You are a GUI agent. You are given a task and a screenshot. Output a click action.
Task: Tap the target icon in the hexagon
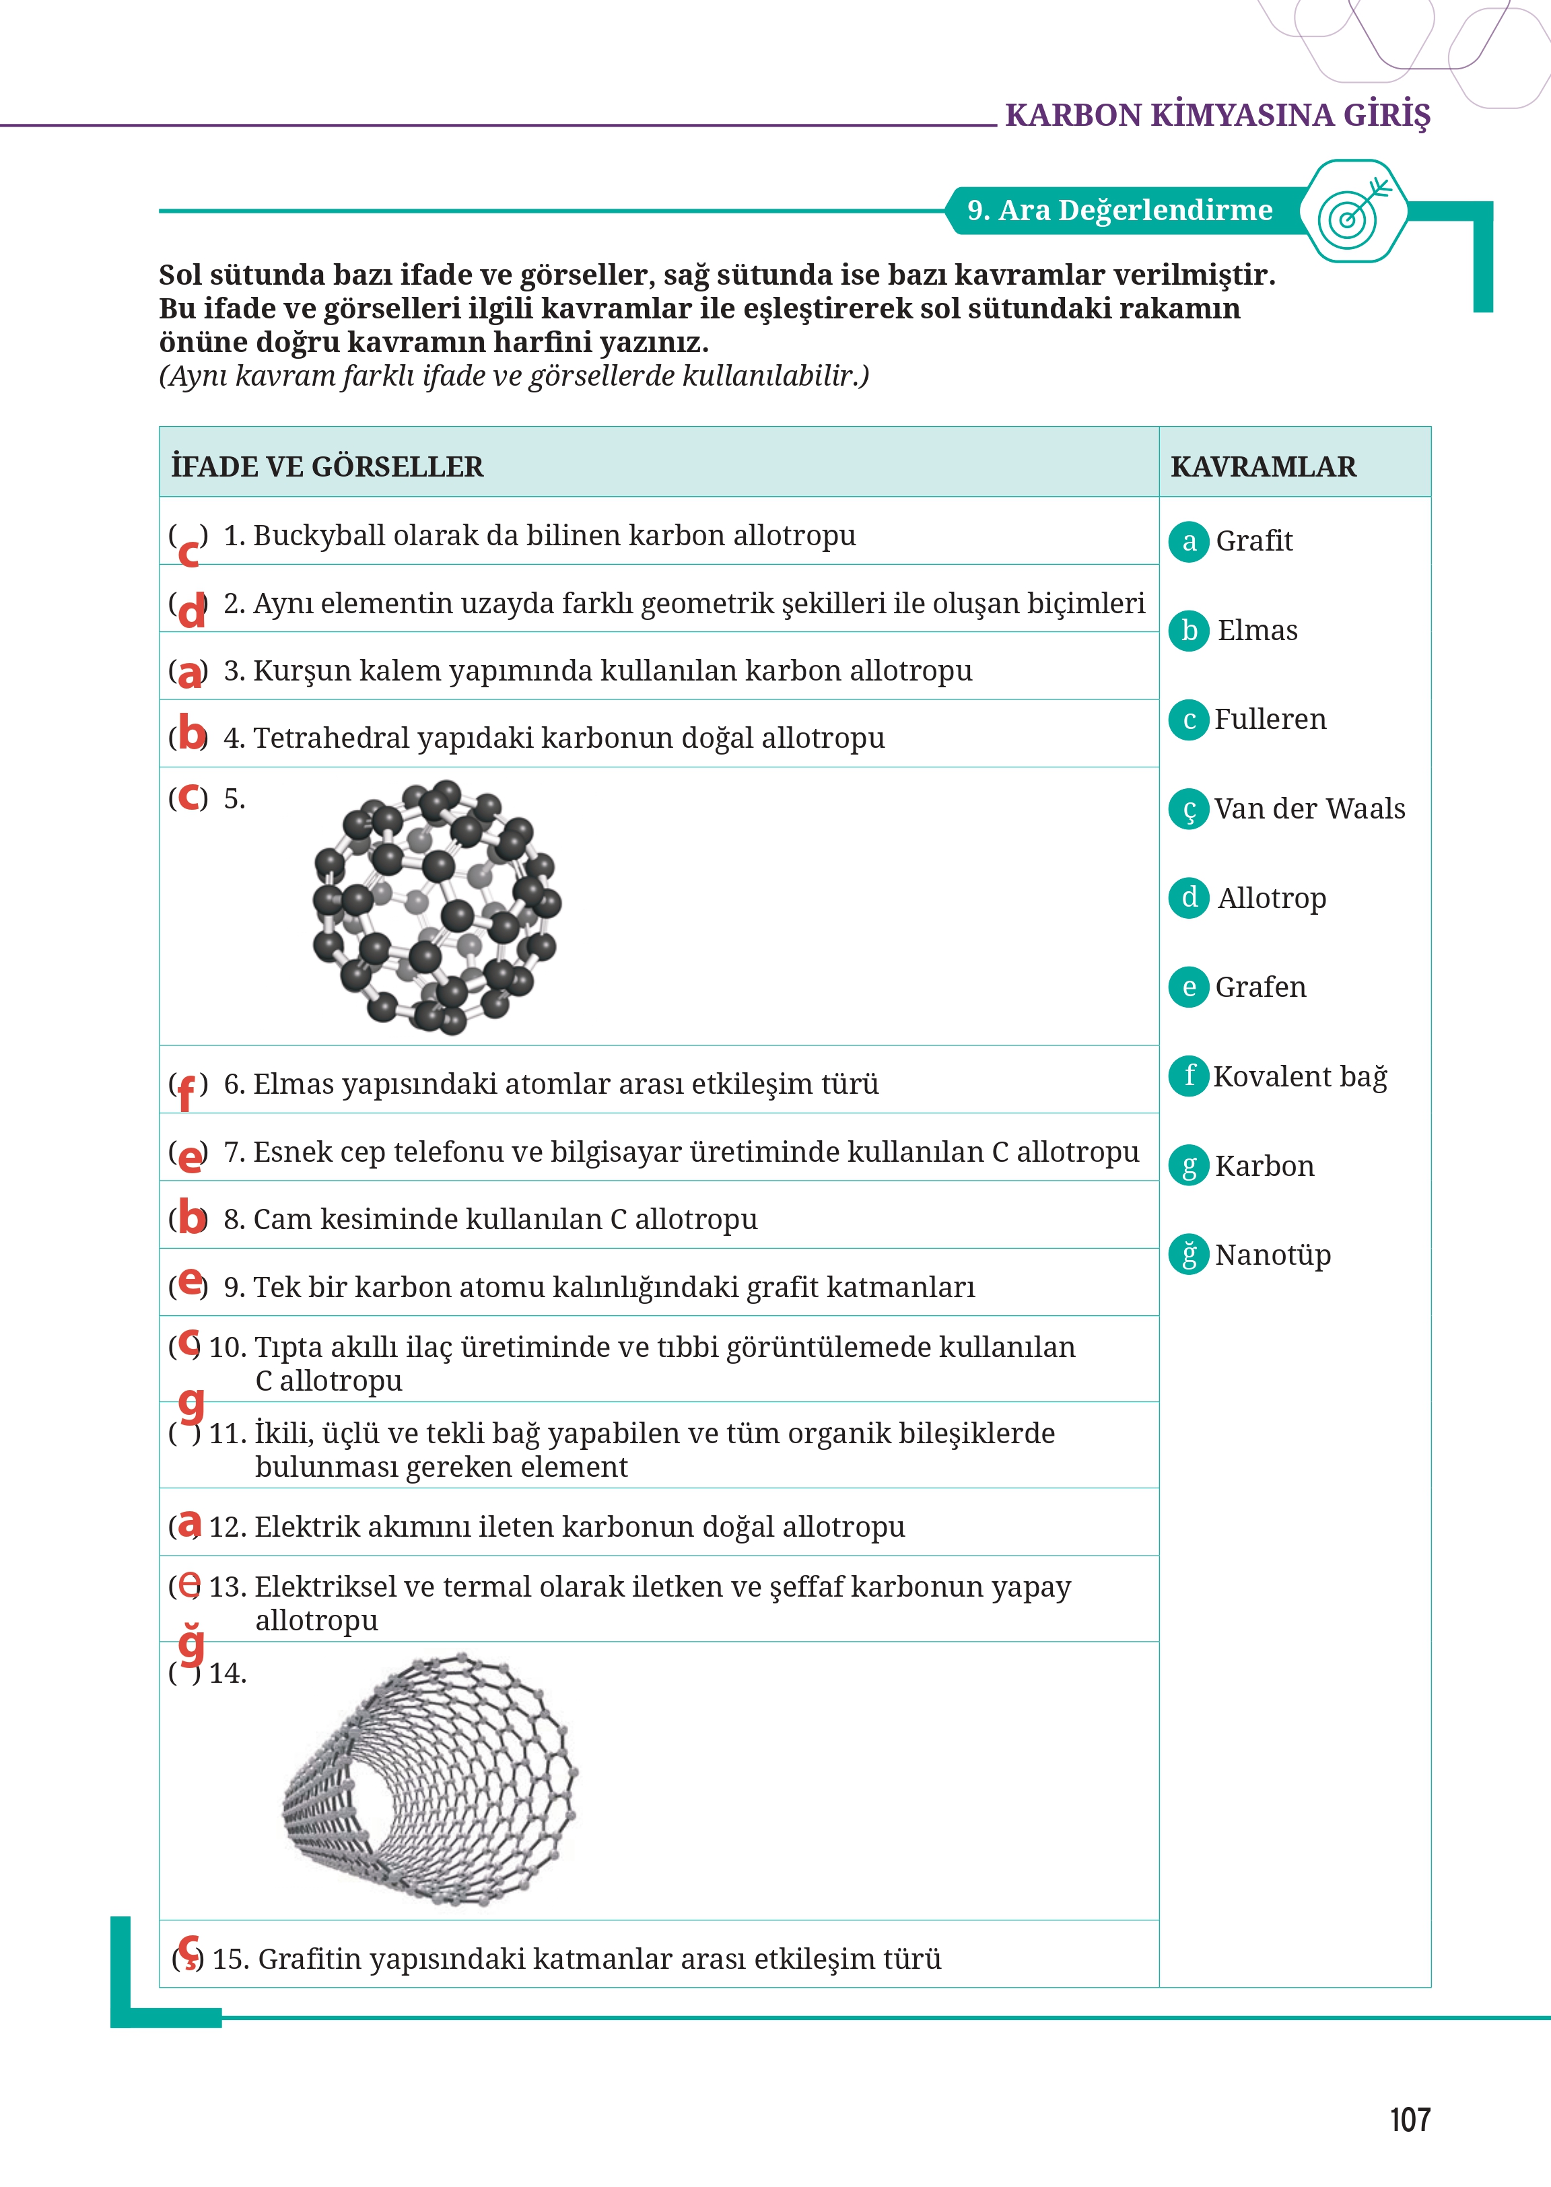pyautogui.click(x=1354, y=212)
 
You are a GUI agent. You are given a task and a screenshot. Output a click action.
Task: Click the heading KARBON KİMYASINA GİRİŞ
pyautogui.click(x=1218, y=116)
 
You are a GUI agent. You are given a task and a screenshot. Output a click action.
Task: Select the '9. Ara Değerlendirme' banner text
pyautogui.click(x=1119, y=210)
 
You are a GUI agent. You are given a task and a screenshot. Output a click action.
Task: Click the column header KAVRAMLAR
pyautogui.click(x=1263, y=467)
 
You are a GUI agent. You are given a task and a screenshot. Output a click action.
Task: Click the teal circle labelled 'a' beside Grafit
pyautogui.click(x=1189, y=541)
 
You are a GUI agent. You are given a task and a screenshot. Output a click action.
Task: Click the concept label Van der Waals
pyautogui.click(x=1309, y=809)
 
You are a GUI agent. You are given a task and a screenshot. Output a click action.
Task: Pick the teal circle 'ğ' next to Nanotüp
pyautogui.click(x=1189, y=1255)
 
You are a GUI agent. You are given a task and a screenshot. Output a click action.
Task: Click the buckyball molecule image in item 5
pyautogui.click(x=436, y=906)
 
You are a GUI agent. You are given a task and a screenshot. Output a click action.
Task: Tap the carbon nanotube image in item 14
pyautogui.click(x=429, y=1780)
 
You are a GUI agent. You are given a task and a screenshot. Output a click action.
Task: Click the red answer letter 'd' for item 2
pyautogui.click(x=192, y=611)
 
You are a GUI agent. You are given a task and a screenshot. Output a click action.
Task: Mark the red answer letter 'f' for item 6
pyautogui.click(x=187, y=1092)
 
